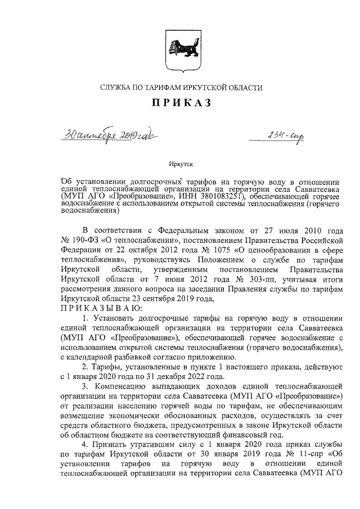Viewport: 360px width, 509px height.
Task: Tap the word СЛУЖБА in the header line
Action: (x=116, y=87)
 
